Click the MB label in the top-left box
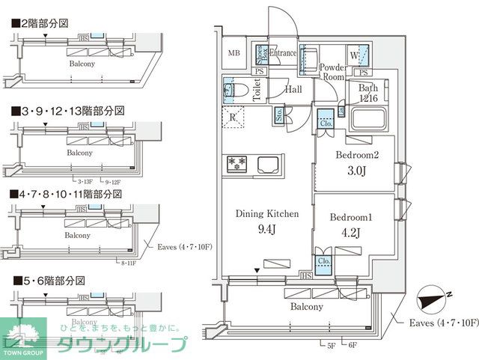click(x=234, y=53)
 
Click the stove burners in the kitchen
click(x=237, y=162)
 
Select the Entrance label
click(x=283, y=53)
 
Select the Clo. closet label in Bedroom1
click(x=324, y=262)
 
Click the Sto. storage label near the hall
click(x=279, y=117)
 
